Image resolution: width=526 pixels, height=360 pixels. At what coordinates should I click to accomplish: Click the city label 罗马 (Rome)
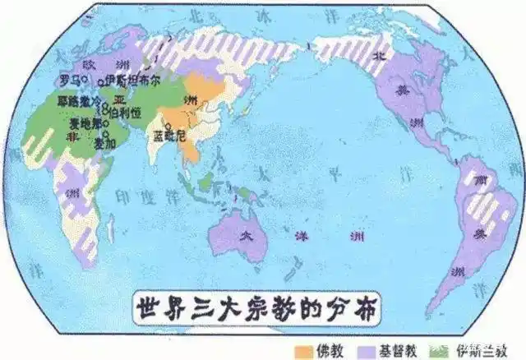[x=70, y=80]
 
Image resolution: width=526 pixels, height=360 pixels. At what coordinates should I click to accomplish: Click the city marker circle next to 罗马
[x=85, y=81]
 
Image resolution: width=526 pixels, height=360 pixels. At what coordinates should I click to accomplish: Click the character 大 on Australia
[x=243, y=234]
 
